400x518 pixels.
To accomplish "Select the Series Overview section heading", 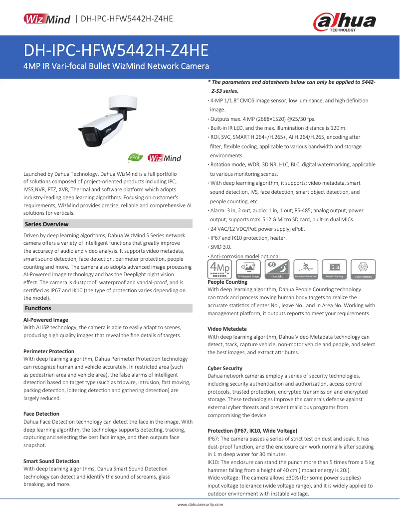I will coord(47,224).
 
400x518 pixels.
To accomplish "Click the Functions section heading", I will coord(38,308).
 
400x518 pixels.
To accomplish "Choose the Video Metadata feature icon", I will coord(364,269).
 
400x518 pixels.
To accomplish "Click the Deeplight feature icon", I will coord(277,269).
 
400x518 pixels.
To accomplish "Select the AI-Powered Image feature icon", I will coord(248,269).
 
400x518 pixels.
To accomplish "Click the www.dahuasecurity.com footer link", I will coord(200,505).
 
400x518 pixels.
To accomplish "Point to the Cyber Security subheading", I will coord(225,368).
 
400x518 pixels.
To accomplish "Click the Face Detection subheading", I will coord(41,414).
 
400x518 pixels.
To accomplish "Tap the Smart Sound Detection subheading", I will coord(52,461).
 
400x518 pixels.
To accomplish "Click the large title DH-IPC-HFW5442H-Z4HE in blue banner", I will coord(116,51).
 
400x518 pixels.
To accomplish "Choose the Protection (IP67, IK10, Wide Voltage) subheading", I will coord(252,430).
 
